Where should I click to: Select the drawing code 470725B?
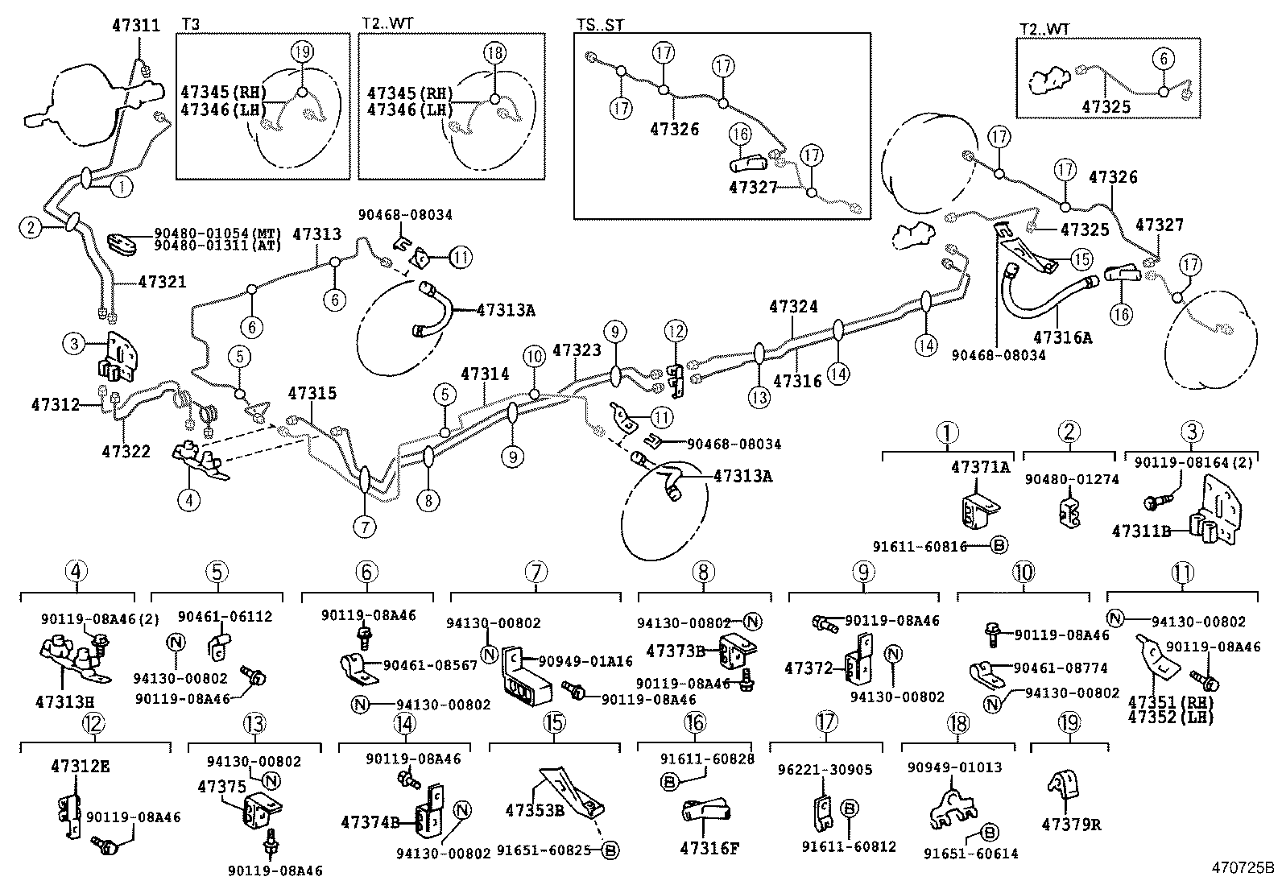pyautogui.click(x=1243, y=869)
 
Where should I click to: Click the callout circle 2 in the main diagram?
pyautogui.click(x=30, y=228)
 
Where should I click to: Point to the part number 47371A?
pyautogui.click(x=980, y=467)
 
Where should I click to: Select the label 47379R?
pyautogui.click(x=1070, y=825)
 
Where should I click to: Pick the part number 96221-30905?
pyautogui.click(x=837, y=770)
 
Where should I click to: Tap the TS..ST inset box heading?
pyautogui.click(x=600, y=24)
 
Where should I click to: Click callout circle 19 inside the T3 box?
pyautogui.click(x=300, y=53)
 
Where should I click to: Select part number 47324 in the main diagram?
pyautogui.click(x=793, y=307)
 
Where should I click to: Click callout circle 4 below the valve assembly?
pyautogui.click(x=188, y=500)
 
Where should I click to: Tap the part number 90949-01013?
pyautogui.click(x=954, y=767)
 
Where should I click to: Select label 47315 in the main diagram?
pyautogui.click(x=312, y=394)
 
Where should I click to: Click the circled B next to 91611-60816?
pyautogui.click(x=998, y=545)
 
